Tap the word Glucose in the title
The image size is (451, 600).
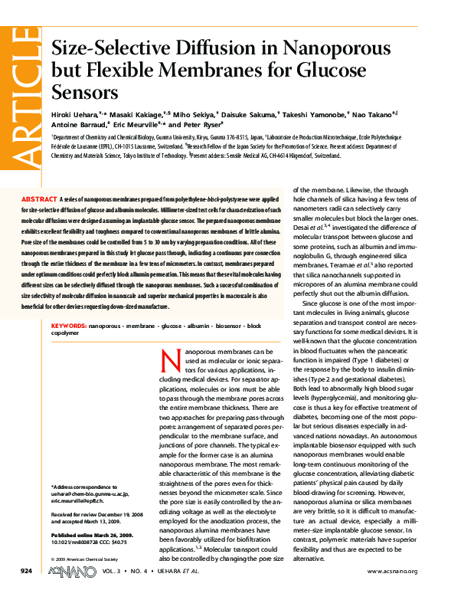(332, 70)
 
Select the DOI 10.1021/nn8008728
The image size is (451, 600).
(73, 542)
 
